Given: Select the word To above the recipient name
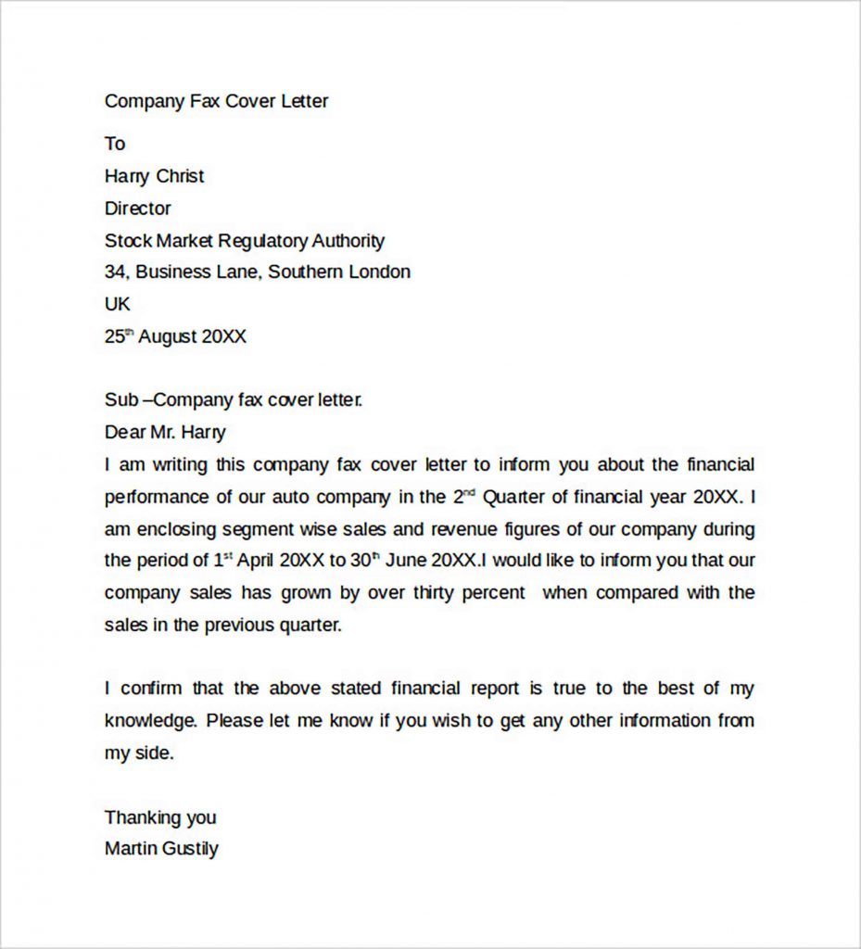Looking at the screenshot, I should coord(115,144).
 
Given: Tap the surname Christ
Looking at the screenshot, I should coord(180,176).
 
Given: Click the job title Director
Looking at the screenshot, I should coord(137,209).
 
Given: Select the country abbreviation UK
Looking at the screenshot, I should coord(118,304).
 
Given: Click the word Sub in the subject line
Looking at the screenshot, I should coord(120,400).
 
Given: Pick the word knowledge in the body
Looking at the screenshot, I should coord(150,721).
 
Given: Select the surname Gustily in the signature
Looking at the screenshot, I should coord(189,849).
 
